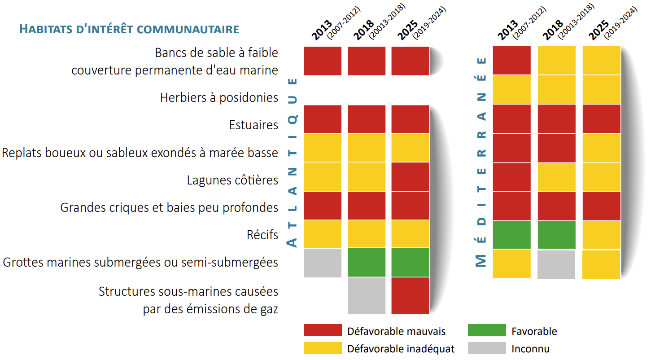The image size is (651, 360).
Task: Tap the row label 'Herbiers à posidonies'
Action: point(219,97)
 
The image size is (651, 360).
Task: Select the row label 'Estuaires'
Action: point(253,125)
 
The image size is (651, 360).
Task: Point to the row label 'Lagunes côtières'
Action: point(232,180)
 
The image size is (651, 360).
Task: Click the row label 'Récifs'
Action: point(262,235)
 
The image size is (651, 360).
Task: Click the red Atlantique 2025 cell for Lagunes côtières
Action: point(411,177)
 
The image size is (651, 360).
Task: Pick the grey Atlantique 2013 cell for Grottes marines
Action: point(323,263)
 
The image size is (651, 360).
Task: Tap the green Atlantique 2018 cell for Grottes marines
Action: point(367,263)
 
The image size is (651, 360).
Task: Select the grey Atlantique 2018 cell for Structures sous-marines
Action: point(367,296)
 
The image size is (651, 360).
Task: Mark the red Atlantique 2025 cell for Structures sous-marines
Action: point(411,296)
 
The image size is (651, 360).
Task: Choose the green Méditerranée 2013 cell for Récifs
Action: point(511,235)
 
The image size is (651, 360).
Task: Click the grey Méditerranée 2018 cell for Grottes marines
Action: point(556,264)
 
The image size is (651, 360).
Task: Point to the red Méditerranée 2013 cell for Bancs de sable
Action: point(511,60)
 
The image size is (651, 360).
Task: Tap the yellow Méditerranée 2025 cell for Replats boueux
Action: point(601,148)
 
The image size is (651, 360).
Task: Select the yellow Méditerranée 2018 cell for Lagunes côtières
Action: point(556,177)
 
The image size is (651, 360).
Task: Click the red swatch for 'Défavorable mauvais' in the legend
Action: point(323,330)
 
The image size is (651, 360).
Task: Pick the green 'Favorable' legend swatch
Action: point(486,330)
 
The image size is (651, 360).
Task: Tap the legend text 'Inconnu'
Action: point(530,349)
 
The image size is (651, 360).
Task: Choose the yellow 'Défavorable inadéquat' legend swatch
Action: point(323,348)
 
